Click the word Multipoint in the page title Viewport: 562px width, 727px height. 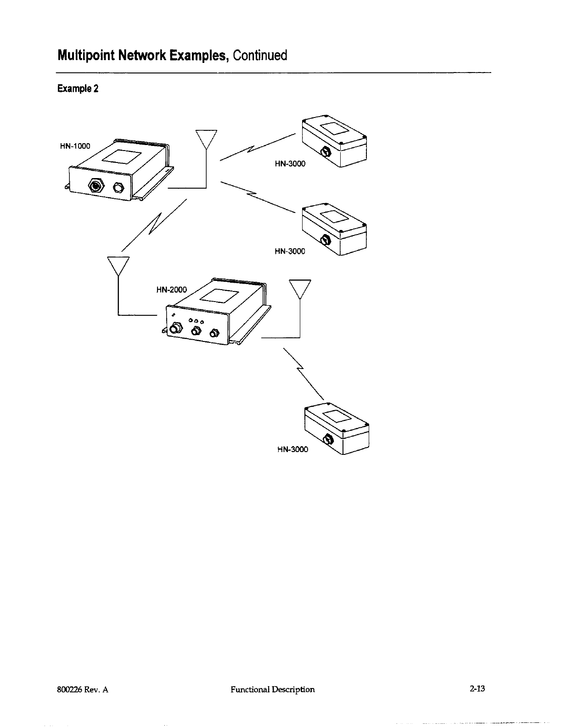click(86, 56)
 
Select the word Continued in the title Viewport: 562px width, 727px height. click(260, 56)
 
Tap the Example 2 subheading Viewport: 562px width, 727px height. click(78, 89)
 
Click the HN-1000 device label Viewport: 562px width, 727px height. click(75, 146)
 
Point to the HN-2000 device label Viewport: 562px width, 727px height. click(172, 290)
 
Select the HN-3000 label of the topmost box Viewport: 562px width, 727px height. click(290, 163)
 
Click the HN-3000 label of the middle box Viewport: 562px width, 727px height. click(290, 251)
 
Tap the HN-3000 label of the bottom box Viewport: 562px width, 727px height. click(293, 449)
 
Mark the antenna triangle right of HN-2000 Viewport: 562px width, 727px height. click(300, 289)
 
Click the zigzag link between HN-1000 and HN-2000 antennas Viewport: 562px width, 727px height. click(154, 225)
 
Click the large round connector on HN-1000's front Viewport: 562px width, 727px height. click(96, 186)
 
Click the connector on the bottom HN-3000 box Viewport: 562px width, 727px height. click(329, 439)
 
